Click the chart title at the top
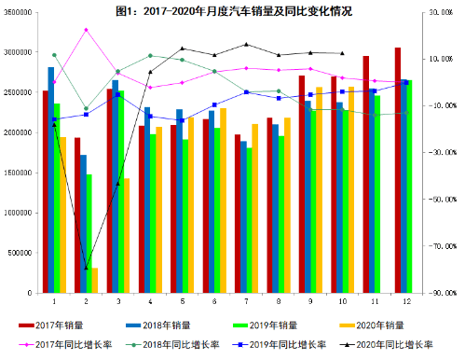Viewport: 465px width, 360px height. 234,10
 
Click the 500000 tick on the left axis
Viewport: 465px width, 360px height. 21,253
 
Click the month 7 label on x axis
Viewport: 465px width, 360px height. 245,302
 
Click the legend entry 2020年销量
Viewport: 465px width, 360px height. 379,325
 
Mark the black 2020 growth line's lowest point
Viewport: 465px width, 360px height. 86,268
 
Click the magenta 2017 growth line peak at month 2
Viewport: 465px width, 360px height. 86,30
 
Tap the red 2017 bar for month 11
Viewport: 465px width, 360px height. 366,174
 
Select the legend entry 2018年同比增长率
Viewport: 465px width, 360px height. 175,344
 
